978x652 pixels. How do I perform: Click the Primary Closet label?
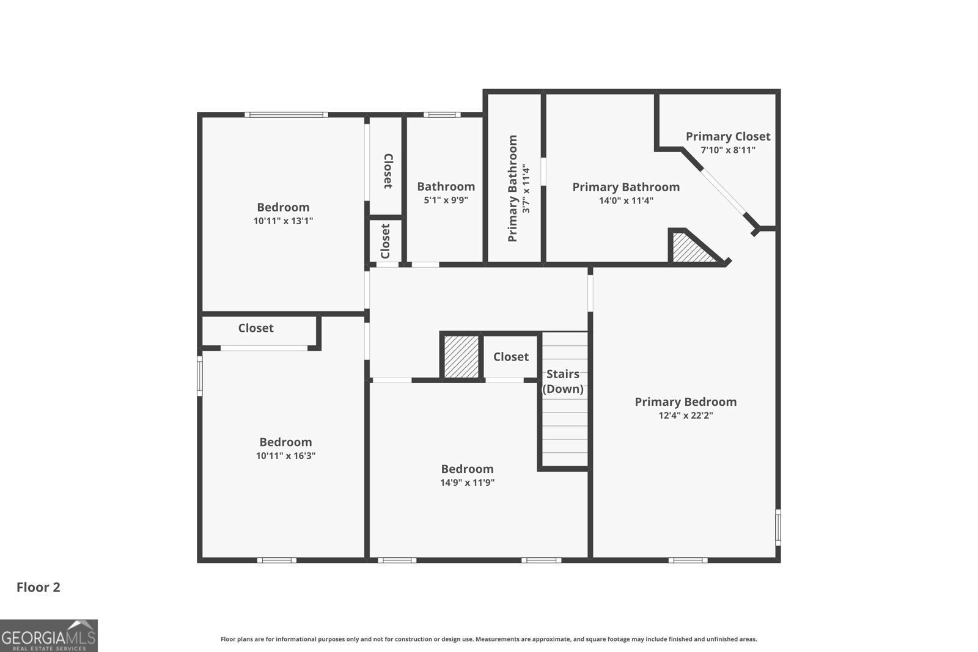pos(727,136)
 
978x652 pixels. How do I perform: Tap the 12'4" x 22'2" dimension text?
pos(685,416)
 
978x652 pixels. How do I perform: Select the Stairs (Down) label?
pos(563,381)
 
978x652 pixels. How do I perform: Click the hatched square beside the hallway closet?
pos(461,357)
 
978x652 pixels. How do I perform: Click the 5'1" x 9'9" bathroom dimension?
pos(446,200)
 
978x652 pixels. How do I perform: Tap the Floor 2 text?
pos(38,587)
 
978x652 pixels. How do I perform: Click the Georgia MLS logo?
pos(48,636)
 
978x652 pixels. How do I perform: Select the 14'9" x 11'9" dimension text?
pos(467,483)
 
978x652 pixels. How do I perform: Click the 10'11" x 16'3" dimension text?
pos(285,456)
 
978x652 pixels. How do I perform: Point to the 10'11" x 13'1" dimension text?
pos(283,221)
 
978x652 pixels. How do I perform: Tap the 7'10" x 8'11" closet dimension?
pos(727,150)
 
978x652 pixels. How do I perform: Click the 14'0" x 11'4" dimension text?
pos(626,200)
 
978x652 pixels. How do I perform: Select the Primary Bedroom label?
pos(685,401)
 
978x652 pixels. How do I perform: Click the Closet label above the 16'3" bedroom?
pos(256,328)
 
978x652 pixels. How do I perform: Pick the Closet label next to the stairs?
pos(510,357)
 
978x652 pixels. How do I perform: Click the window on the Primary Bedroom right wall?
pos(778,527)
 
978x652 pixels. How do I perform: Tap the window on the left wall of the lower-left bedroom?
pos(199,376)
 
